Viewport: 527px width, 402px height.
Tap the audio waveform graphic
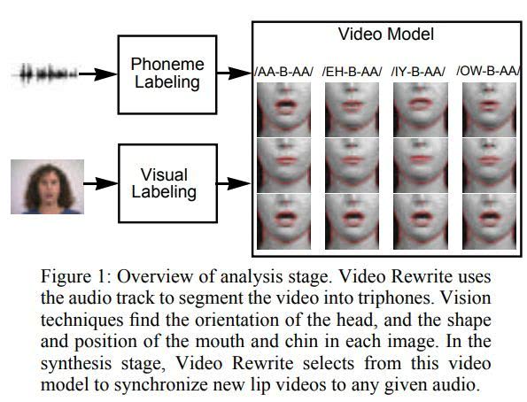click(44, 73)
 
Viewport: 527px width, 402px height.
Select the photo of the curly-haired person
click(48, 187)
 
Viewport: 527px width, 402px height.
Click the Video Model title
click(386, 34)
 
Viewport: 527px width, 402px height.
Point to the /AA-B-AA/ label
click(284, 72)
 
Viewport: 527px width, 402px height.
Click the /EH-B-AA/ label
click(352, 72)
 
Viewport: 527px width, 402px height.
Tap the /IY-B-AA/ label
click(418, 72)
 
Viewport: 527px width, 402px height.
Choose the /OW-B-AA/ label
click(488, 71)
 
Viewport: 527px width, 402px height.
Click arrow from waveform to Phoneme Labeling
click(97, 74)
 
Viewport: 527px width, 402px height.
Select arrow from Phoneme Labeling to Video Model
click(234, 73)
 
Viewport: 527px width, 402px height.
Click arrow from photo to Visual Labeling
click(101, 183)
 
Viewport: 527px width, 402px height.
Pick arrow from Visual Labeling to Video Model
click(234, 183)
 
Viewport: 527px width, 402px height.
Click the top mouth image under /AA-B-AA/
click(284, 110)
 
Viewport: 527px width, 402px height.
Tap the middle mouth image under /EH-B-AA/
click(352, 166)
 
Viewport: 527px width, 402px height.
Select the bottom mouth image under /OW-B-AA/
click(489, 221)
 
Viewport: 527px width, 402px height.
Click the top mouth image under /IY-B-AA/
click(421, 110)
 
